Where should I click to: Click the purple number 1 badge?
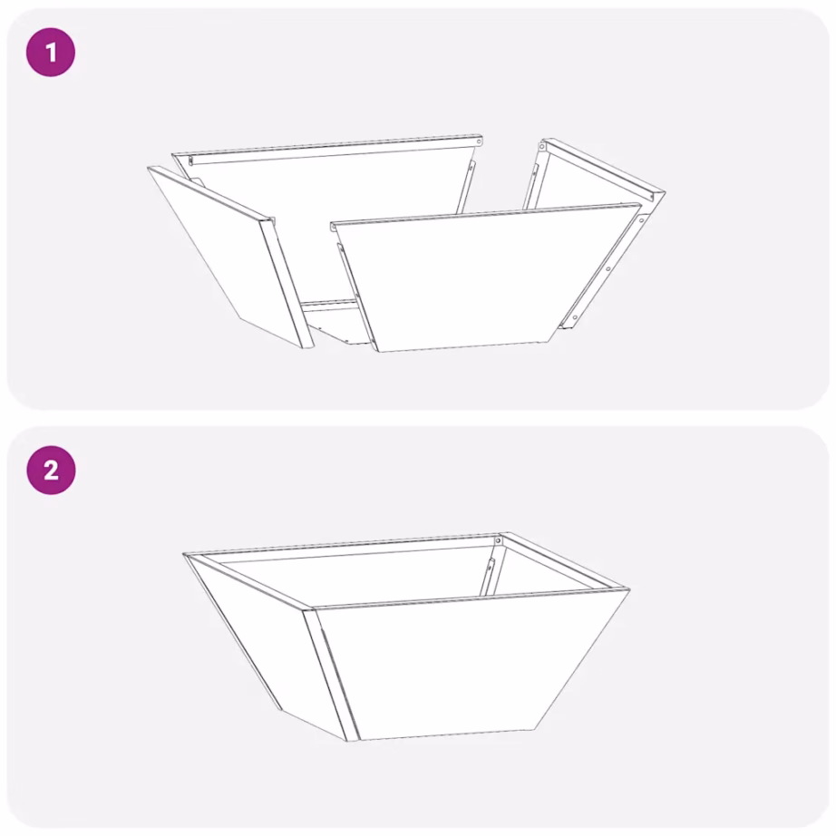(50, 53)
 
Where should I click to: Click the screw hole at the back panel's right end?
(478, 141)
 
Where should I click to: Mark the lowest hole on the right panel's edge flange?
(573, 316)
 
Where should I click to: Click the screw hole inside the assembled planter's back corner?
(497, 541)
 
